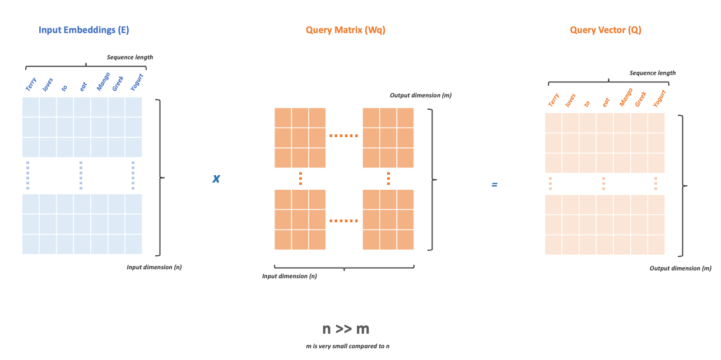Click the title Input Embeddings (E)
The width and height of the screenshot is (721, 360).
click(x=84, y=30)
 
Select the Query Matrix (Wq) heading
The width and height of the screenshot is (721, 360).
click(x=345, y=30)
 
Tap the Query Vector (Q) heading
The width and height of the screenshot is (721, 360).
click(x=606, y=30)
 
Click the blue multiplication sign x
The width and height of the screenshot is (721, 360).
click(x=216, y=179)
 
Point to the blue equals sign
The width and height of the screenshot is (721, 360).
click(x=494, y=184)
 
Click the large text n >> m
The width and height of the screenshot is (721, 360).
click(x=346, y=329)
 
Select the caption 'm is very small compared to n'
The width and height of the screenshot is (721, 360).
click(x=347, y=346)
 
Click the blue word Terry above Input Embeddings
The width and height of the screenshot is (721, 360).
click(x=31, y=84)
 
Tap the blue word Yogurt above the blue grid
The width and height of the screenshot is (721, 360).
click(x=137, y=82)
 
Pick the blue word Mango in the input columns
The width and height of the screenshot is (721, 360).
click(x=103, y=82)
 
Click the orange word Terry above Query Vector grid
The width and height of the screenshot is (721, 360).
click(x=553, y=100)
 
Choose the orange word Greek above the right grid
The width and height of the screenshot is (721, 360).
click(x=641, y=99)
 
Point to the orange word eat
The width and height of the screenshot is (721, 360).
click(x=606, y=102)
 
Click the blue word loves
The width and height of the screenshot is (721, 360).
click(x=48, y=84)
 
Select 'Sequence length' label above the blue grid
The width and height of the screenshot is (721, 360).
click(x=130, y=57)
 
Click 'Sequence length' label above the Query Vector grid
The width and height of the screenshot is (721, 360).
click(x=653, y=73)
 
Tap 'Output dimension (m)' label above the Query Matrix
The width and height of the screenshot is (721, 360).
click(x=421, y=95)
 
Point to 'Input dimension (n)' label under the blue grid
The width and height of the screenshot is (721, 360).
click(x=154, y=267)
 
